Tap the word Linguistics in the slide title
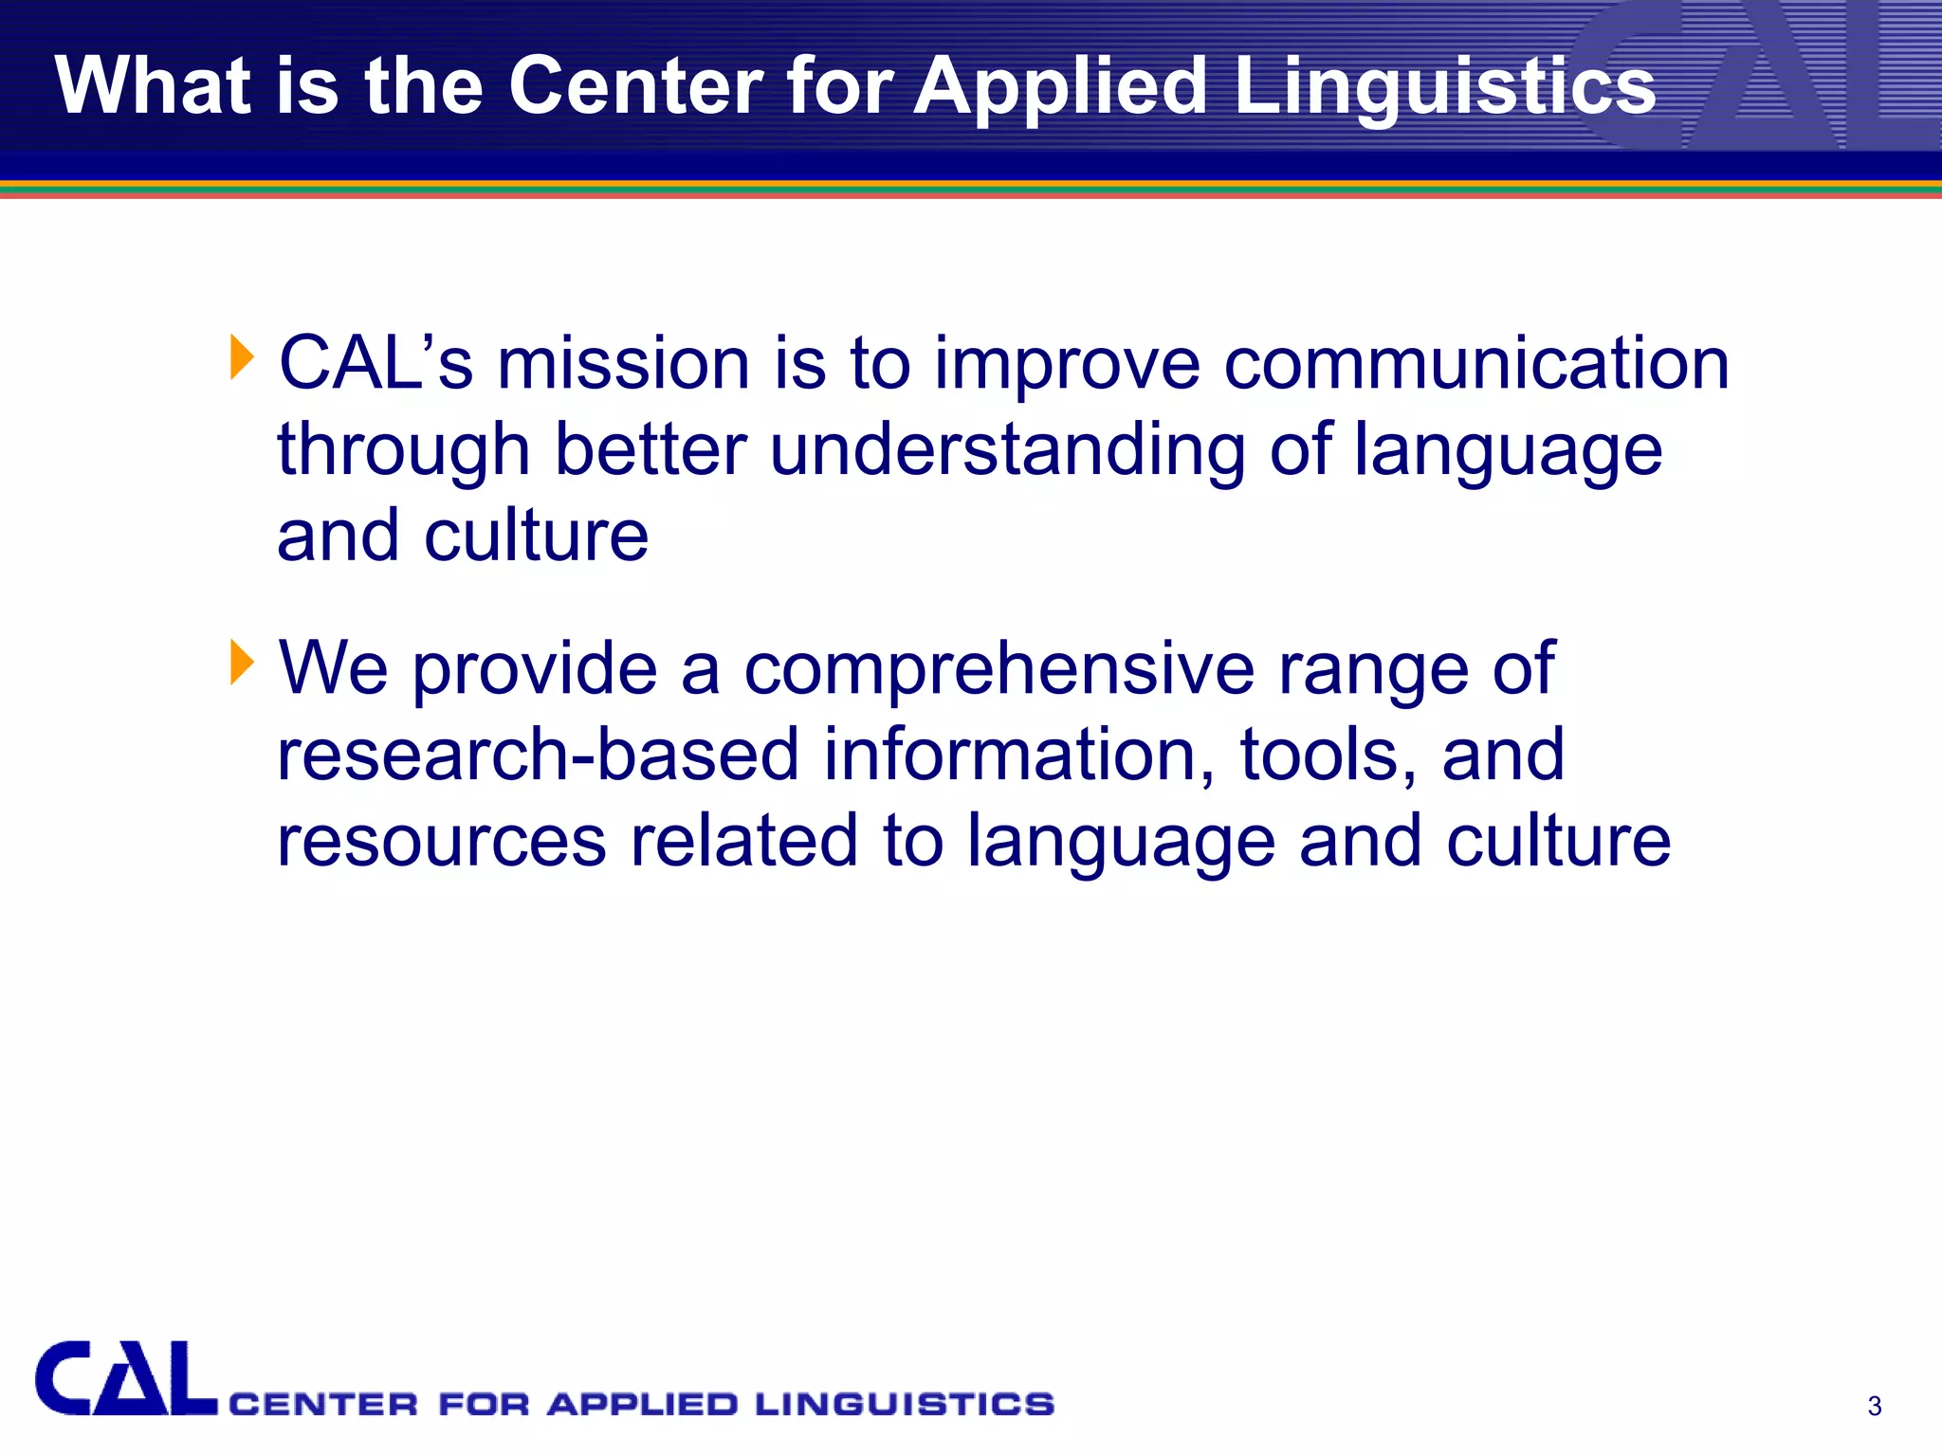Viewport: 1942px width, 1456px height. point(1444,87)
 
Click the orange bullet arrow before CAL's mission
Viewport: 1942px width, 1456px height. point(242,358)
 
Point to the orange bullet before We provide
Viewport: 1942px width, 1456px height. point(242,663)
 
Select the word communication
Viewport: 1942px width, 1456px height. point(1476,364)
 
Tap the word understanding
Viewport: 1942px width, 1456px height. point(1007,451)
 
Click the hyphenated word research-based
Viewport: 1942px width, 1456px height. point(538,755)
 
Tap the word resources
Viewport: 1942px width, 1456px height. point(441,842)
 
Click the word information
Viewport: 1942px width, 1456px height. point(1018,755)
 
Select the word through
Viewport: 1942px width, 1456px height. point(403,451)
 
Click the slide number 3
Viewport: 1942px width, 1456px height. point(1874,1406)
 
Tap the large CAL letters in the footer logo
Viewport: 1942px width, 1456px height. point(125,1379)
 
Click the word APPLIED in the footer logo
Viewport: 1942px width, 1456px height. point(643,1404)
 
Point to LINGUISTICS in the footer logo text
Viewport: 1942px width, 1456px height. point(905,1404)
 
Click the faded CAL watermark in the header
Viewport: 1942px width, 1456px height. point(1754,76)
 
